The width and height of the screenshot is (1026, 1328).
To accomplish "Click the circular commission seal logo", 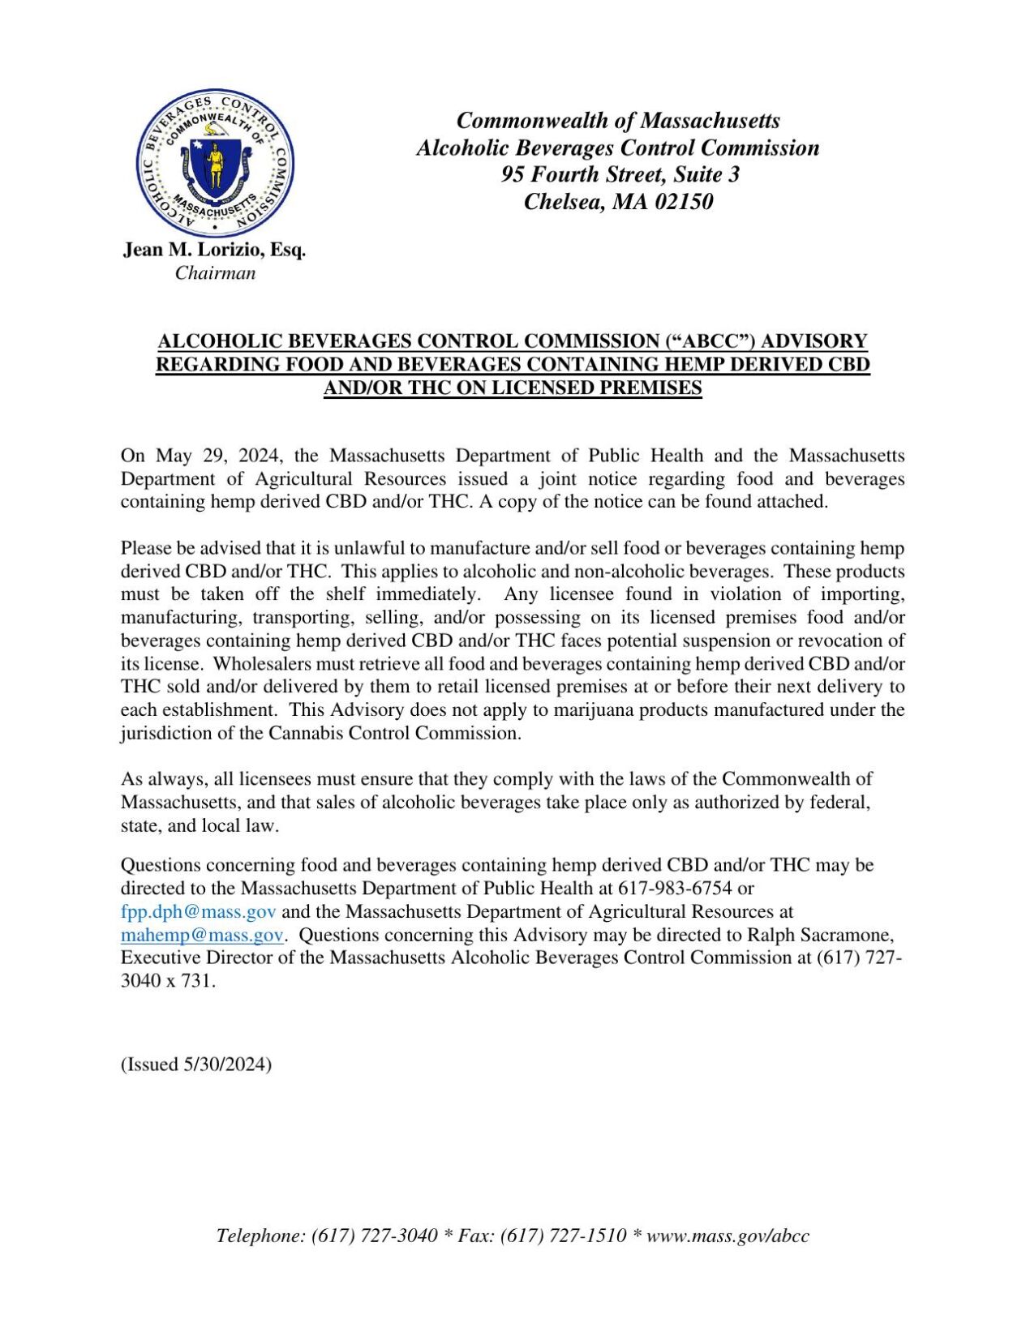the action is (x=215, y=163).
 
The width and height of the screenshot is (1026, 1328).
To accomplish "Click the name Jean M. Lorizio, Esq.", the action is (x=214, y=250).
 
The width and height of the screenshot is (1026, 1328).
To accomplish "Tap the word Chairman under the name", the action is (x=215, y=273).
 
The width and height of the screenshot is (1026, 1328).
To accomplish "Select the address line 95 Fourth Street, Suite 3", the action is (x=620, y=174).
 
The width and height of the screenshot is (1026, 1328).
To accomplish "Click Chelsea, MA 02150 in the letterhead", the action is (x=618, y=201).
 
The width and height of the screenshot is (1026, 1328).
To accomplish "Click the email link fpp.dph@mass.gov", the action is (x=198, y=911).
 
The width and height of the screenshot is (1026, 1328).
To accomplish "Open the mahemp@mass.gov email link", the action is (x=201, y=934).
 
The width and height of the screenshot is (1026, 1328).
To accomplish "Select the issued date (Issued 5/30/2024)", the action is (x=196, y=1064).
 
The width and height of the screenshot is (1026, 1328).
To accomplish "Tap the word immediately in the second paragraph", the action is (x=427, y=594).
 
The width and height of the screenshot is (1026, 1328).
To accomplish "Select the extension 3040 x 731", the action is (x=167, y=980).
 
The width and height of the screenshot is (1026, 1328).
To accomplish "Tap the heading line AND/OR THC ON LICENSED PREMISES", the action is (x=513, y=388).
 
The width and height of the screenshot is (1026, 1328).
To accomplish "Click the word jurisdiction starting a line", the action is (x=160, y=733).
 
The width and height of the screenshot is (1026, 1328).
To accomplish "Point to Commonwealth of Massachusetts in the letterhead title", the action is (x=618, y=121).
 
